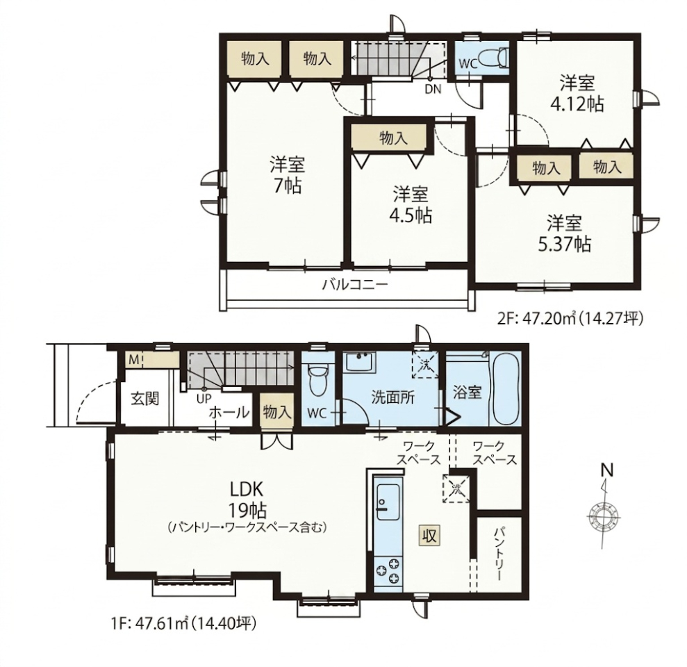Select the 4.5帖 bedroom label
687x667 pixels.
click(411, 204)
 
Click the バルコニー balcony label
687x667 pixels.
click(356, 286)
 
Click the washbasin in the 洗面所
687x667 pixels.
click(360, 363)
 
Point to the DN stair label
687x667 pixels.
click(433, 89)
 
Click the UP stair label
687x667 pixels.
click(204, 398)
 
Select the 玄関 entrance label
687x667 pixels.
click(145, 398)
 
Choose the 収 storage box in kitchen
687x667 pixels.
click(429, 535)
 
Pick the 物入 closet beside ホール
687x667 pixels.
click(277, 412)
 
